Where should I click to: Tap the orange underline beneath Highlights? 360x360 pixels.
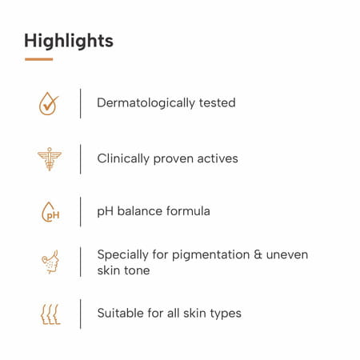click(x=38, y=59)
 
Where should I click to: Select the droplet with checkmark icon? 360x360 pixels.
click(x=50, y=104)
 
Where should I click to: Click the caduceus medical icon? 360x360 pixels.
click(x=50, y=158)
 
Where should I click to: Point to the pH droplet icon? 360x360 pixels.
click(x=50, y=213)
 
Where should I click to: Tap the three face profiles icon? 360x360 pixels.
click(x=50, y=314)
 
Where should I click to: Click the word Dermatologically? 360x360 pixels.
click(x=146, y=103)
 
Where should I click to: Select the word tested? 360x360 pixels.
click(x=217, y=103)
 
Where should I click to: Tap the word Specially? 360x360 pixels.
click(x=122, y=254)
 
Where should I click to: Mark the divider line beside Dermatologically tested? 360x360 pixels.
click(x=80, y=104)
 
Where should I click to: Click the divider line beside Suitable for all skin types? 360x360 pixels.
click(x=80, y=314)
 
